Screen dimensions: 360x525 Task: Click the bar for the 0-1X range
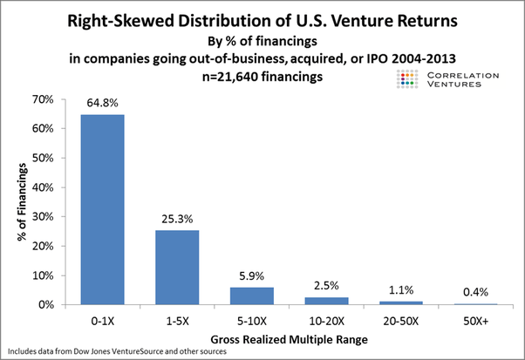click(x=102, y=209)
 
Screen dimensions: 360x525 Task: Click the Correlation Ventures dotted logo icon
click(x=404, y=81)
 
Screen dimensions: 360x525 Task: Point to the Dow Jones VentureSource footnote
click(x=119, y=351)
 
